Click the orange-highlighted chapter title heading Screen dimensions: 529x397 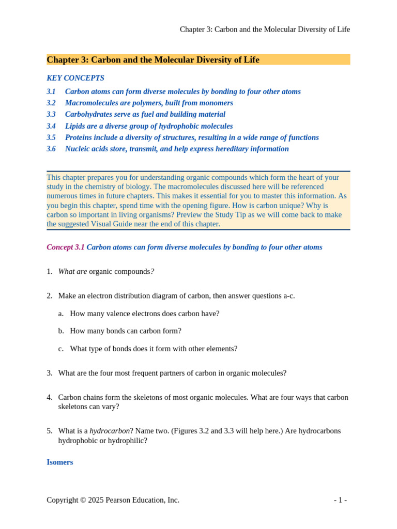(x=153, y=60)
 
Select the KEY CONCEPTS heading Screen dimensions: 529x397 (x=75, y=78)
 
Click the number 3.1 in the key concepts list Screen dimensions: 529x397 (x=51, y=91)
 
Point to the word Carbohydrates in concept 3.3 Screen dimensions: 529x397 (x=88, y=114)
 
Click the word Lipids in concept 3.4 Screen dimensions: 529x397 (x=75, y=126)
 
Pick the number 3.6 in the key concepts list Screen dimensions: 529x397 (x=51, y=149)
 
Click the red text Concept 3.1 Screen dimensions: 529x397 (x=66, y=247)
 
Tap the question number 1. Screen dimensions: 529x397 (x=49, y=271)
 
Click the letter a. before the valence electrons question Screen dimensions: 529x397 (x=61, y=314)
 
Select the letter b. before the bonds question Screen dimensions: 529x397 (x=61, y=331)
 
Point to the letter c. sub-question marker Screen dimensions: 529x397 (x=61, y=349)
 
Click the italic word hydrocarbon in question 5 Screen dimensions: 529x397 (x=109, y=431)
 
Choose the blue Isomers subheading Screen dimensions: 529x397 (x=60, y=462)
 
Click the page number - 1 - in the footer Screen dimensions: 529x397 (x=340, y=500)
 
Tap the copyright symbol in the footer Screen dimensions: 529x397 (x=84, y=500)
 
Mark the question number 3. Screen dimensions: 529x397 (x=49, y=372)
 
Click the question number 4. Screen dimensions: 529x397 (x=49, y=397)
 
